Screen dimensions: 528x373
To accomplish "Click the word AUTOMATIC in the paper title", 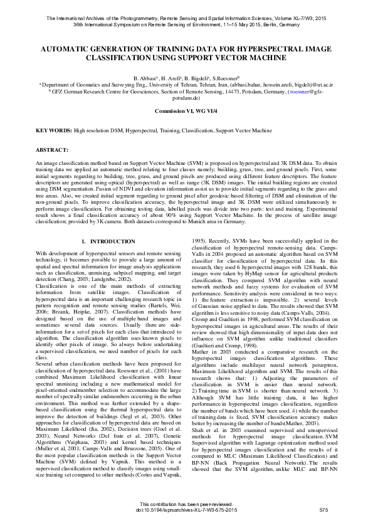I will [x=70, y=48].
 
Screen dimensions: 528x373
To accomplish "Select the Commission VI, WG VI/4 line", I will [x=186, y=110].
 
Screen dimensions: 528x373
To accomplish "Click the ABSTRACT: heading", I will [x=52, y=151].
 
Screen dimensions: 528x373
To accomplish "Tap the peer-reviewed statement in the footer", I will [x=186, y=505].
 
